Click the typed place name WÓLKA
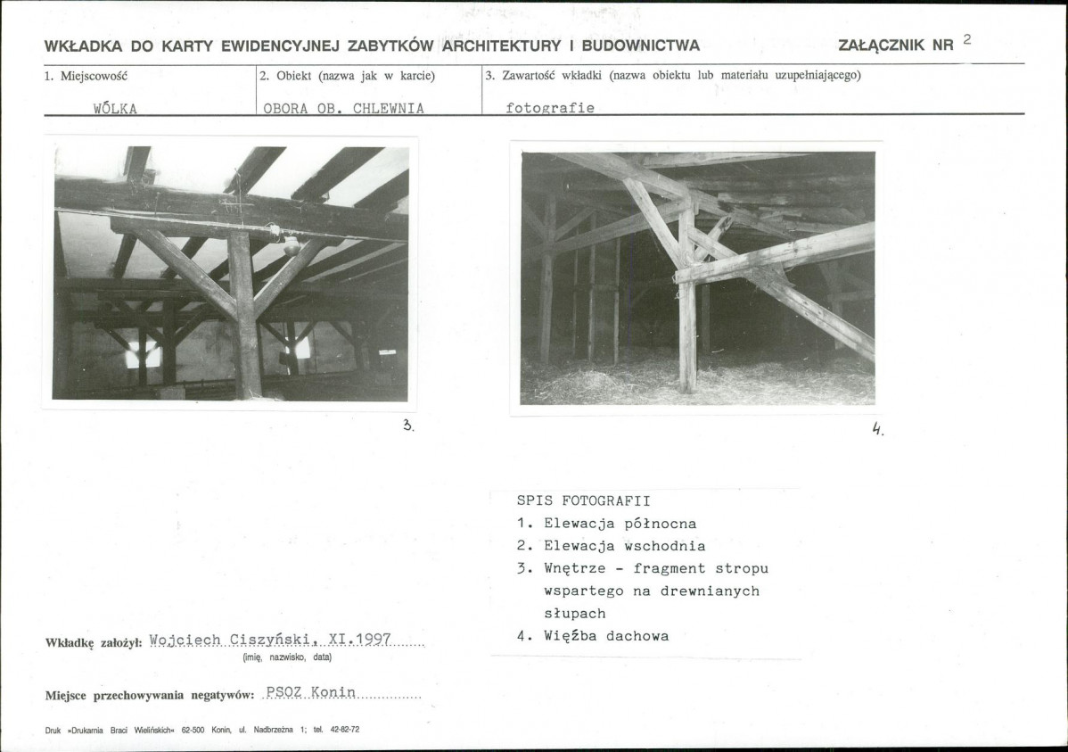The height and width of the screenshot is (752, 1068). pos(115,109)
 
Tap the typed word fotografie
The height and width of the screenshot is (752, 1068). pos(550,108)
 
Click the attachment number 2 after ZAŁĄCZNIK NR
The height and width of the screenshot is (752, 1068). pos(966,39)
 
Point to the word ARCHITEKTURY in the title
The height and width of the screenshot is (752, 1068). pos(502,45)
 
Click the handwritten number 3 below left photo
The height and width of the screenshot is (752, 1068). pos(408,426)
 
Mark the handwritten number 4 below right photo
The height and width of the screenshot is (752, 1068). pos(878,429)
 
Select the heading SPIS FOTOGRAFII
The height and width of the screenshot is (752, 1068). pos(583,500)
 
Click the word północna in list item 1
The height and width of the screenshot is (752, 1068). pos(660,524)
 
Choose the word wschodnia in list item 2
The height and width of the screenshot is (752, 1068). pos(665,546)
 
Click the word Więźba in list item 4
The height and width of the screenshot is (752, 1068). pos(570,636)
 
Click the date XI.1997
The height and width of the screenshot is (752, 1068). pos(359,640)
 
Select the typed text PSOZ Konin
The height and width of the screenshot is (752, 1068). pos(310,692)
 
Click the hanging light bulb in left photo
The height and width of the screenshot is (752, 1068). pos(292,247)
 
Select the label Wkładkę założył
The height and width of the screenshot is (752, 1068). pos(94,642)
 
